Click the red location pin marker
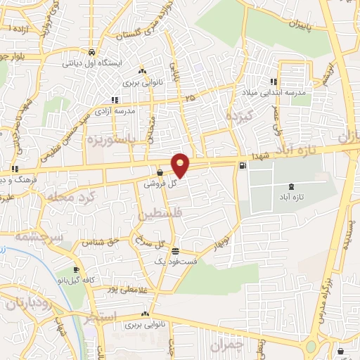(x=181, y=165)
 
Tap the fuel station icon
(x=243, y=167)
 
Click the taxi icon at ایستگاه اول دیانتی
(x=92, y=53)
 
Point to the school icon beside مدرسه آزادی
(x=115, y=101)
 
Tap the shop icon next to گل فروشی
(x=161, y=172)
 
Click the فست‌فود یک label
(x=172, y=261)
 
